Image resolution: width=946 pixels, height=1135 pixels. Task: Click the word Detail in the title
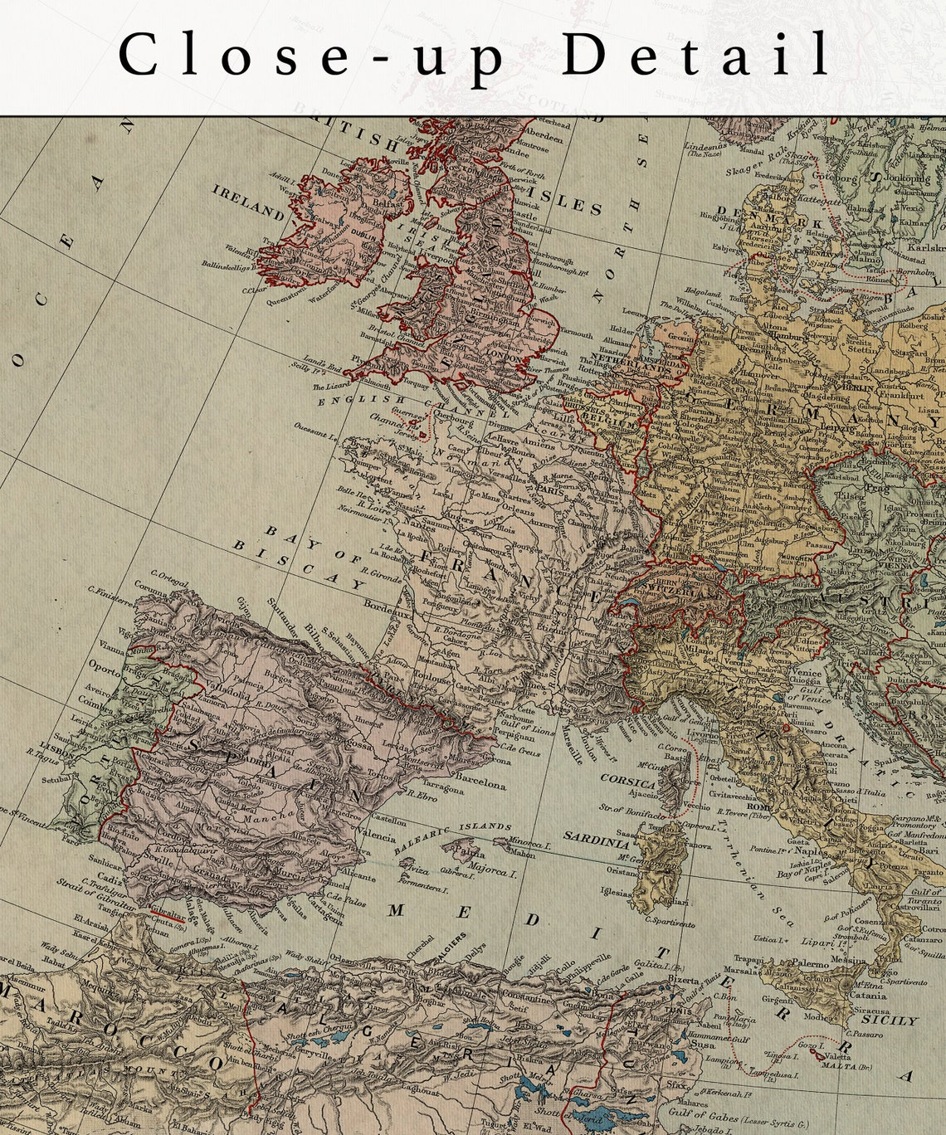pyautogui.click(x=696, y=55)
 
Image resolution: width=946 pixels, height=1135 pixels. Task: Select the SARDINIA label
pyautogui.click(x=597, y=840)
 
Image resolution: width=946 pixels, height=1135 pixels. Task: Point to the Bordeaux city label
pyautogui.click(x=388, y=610)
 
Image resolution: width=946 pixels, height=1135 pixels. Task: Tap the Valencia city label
pyautogui.click(x=377, y=836)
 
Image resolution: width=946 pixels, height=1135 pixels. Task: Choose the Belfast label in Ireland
pyautogui.click(x=388, y=202)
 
